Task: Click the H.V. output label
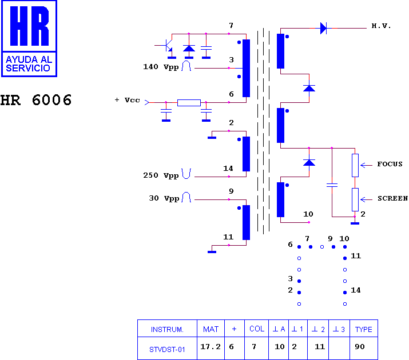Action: tap(381, 26)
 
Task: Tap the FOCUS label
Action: tap(390, 164)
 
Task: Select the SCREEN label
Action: tap(393, 198)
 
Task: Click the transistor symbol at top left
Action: tap(167, 46)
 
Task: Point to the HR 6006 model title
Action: tap(35, 100)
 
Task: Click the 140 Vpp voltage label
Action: tap(161, 67)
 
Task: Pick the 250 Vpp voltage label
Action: tap(161, 175)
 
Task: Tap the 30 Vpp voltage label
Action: tap(164, 198)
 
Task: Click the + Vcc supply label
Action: tap(128, 100)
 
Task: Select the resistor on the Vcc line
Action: tap(189, 103)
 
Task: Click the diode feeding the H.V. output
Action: tap(323, 28)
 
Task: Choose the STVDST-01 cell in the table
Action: tap(167, 349)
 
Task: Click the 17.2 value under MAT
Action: tap(211, 347)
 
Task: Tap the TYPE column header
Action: tap(364, 329)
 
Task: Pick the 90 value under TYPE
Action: tap(359, 347)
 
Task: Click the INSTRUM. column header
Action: tap(167, 330)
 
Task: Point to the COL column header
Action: tap(257, 329)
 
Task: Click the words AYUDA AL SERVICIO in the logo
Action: tap(29, 64)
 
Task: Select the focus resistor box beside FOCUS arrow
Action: tap(355, 165)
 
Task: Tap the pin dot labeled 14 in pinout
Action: tap(345, 293)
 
